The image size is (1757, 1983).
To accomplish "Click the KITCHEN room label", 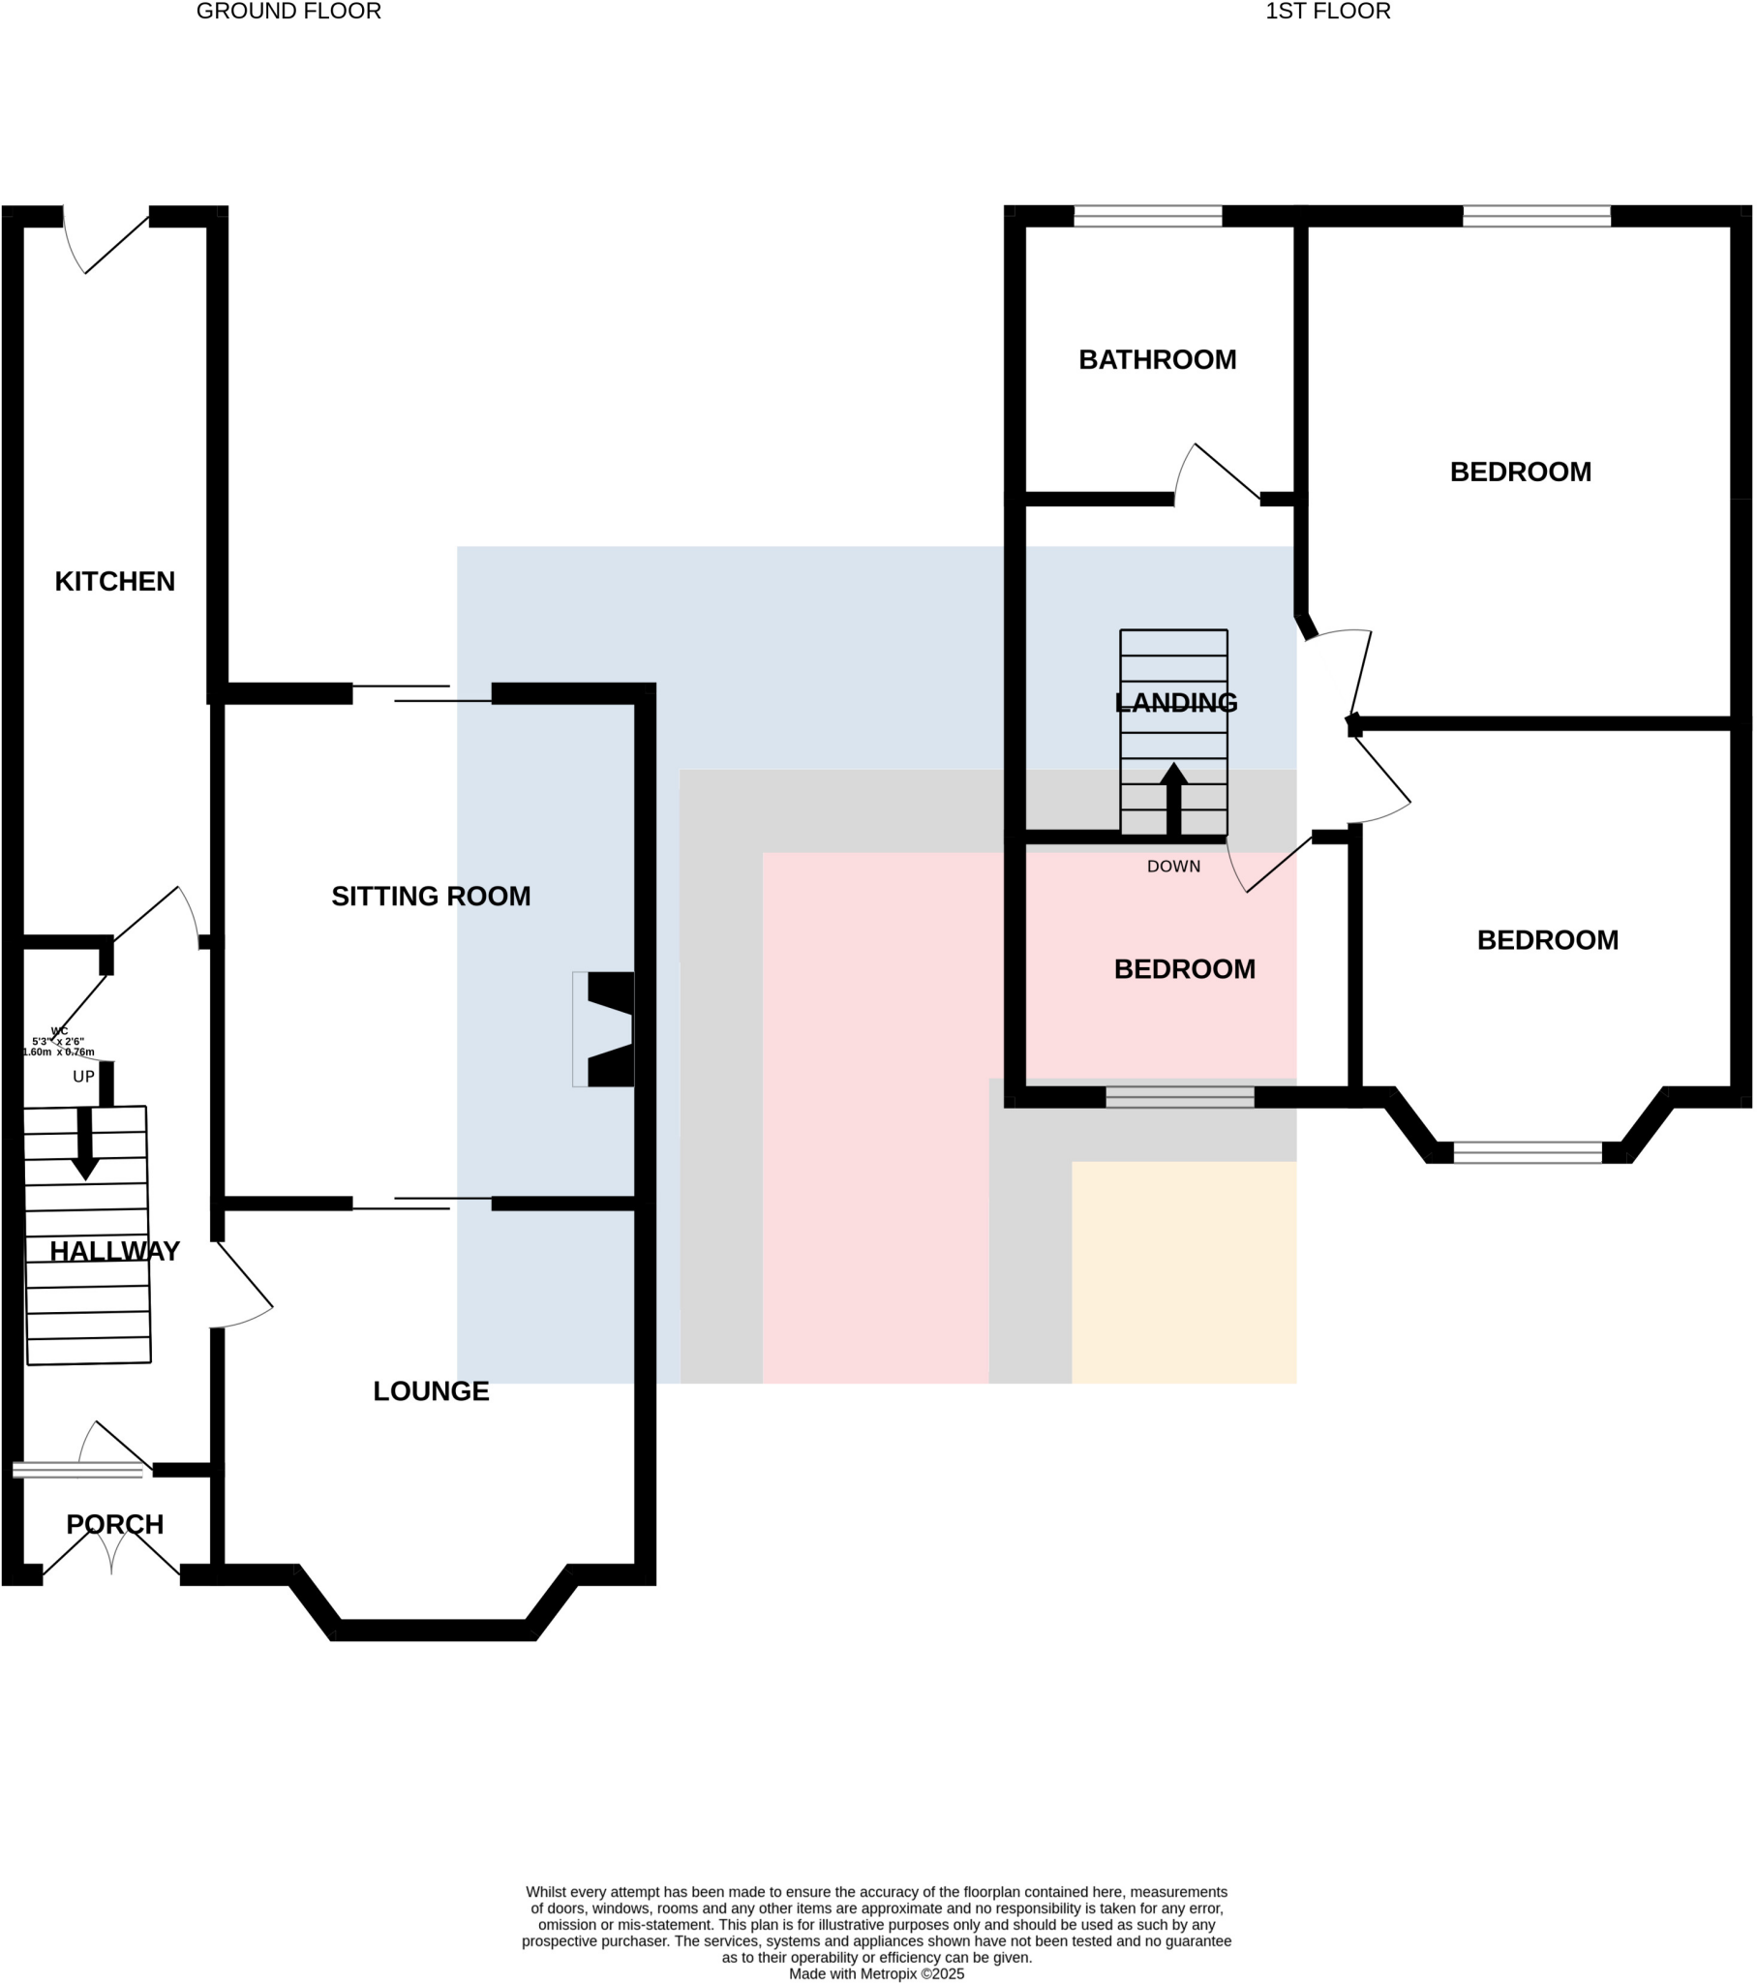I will pos(114,581).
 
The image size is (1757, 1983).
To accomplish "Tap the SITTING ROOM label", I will pos(431,896).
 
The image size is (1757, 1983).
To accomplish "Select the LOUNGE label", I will pos(431,1390).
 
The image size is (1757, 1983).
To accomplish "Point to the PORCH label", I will pos(114,1523).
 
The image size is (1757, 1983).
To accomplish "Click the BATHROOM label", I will pos(1157,360).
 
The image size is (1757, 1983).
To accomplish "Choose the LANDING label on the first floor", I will pos(1175,701).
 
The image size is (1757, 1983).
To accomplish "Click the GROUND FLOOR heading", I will pos(288,12).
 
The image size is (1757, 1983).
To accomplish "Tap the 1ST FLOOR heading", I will pos(1326,12).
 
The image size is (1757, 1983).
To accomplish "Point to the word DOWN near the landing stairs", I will pos(1173,867).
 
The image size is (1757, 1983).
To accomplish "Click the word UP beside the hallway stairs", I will pos(83,1076).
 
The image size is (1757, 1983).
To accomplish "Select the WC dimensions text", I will pos(58,1042).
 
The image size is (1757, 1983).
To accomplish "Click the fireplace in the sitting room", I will pos(604,1028).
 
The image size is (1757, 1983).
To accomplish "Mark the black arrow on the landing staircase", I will pos(1173,798).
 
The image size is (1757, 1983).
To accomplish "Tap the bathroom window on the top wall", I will pos(1147,216).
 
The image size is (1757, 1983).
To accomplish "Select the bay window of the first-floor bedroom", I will pos(1526,1152).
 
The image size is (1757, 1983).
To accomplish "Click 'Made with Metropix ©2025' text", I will pos(876,1973).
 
